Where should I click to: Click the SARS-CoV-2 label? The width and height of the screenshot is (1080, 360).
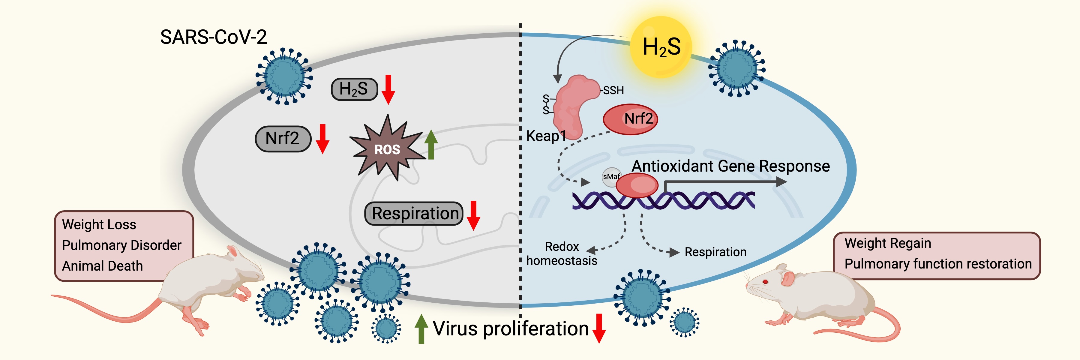click(x=213, y=37)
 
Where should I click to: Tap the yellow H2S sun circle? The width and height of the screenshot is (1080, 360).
click(x=661, y=46)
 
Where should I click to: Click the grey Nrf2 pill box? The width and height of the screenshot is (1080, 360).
click(x=283, y=138)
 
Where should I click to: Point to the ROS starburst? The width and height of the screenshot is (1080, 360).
click(x=387, y=149)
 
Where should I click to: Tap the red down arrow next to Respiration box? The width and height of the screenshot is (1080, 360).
click(x=473, y=215)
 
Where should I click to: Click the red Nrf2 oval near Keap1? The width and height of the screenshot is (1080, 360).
click(x=630, y=119)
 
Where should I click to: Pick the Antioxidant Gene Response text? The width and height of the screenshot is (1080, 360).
click(x=730, y=166)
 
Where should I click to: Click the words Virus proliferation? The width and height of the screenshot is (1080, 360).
click(x=511, y=328)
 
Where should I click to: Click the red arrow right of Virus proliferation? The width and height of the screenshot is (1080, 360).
click(x=599, y=328)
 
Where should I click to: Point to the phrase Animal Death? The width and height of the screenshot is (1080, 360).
click(x=102, y=266)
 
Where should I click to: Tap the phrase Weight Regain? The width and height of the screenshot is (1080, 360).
click(x=888, y=243)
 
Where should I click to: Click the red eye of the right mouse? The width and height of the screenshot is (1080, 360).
click(x=765, y=282)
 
